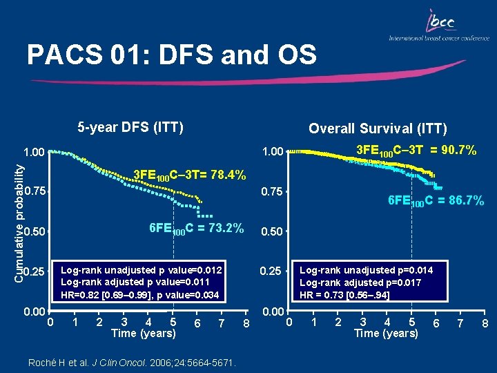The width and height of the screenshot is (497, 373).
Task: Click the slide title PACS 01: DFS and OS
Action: coord(171,55)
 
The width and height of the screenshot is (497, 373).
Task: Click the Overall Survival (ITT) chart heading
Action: coord(378,128)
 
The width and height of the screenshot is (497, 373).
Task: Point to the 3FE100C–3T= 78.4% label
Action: coord(189,175)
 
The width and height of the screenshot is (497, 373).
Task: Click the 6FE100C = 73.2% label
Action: coord(197,229)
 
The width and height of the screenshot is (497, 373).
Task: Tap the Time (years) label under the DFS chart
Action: coord(144,334)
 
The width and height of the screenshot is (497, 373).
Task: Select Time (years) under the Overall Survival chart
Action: coord(386,334)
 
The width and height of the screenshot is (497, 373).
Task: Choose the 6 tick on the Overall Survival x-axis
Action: coord(435,323)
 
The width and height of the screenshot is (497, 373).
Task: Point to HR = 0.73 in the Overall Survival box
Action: coord(323,295)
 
